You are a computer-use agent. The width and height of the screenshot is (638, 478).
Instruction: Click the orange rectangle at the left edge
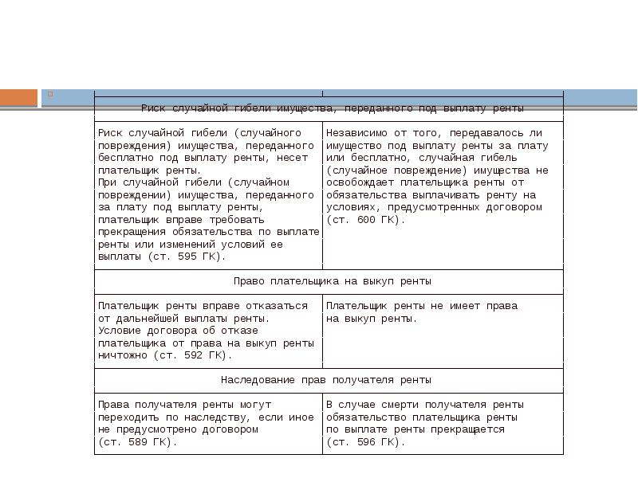tap(18, 97)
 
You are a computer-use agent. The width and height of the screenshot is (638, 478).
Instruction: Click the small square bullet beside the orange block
tap(49, 94)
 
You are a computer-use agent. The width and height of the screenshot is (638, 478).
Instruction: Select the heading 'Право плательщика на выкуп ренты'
tap(333, 281)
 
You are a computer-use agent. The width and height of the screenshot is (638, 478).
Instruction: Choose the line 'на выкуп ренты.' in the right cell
tap(372, 319)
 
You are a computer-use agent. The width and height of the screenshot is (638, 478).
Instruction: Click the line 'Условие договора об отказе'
tap(179, 331)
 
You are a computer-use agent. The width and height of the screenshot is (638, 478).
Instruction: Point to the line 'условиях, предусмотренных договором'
tap(434, 207)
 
